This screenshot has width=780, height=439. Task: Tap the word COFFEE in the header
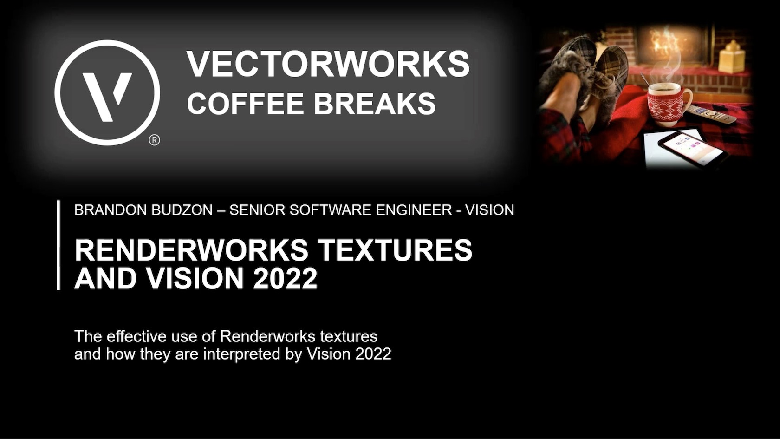click(245, 103)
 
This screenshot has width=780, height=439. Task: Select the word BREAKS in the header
click(375, 103)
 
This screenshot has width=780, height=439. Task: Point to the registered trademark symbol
click(154, 140)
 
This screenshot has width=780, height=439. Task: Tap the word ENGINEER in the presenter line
click(414, 210)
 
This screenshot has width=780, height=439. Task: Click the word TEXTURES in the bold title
click(395, 250)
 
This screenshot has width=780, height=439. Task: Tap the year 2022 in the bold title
click(285, 278)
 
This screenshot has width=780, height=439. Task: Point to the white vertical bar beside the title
click(58, 245)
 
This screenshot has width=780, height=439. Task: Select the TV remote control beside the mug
click(711, 113)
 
